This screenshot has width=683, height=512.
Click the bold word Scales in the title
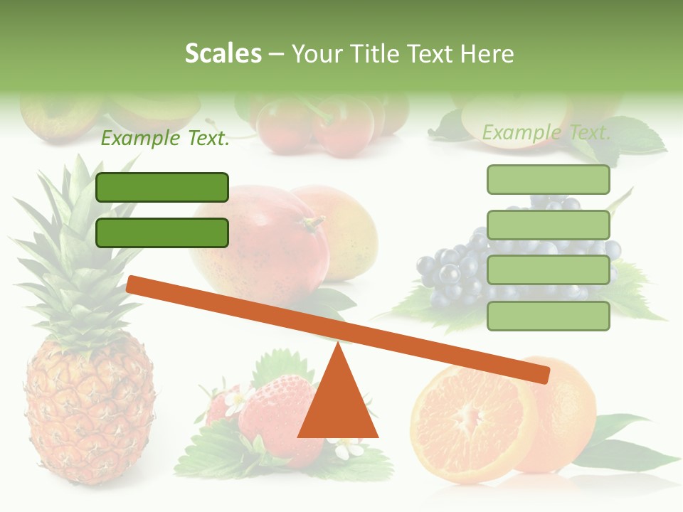pos(223,54)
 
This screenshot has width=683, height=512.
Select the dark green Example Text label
pos(165,139)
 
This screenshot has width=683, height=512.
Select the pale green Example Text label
pos(546,132)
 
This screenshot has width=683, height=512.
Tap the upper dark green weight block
pos(162,187)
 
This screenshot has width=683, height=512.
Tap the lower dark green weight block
pos(162,233)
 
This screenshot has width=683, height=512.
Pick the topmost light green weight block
pos(548,179)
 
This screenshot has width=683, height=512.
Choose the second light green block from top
pos(548,225)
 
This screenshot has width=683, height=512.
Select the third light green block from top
pos(548,270)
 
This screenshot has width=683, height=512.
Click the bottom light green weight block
pos(548,316)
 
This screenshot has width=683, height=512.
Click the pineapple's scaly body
pos(89,412)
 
